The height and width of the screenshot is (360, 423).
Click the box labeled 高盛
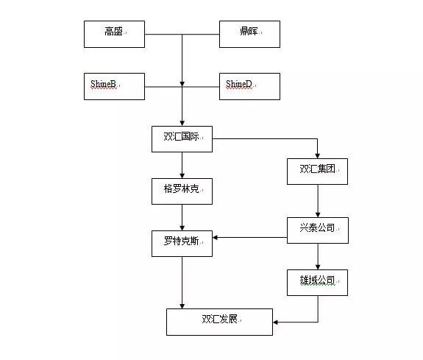point(114,34)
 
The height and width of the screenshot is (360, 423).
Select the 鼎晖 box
point(249,34)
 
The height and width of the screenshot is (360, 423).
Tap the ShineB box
point(114,86)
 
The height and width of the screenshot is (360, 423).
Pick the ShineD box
point(249,86)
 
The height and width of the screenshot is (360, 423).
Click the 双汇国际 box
point(182,138)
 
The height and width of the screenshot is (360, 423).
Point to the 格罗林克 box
point(182,191)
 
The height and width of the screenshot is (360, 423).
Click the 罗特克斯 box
point(182,243)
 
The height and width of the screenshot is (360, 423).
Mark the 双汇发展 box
point(219,321)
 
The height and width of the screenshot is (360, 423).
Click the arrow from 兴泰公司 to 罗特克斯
point(250,237)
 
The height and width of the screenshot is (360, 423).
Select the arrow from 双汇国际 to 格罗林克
point(182,165)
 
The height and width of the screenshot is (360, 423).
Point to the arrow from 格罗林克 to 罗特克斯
point(182,217)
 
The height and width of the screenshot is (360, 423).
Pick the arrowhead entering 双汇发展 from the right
point(276,322)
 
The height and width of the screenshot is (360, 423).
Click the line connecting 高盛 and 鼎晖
point(182,34)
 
